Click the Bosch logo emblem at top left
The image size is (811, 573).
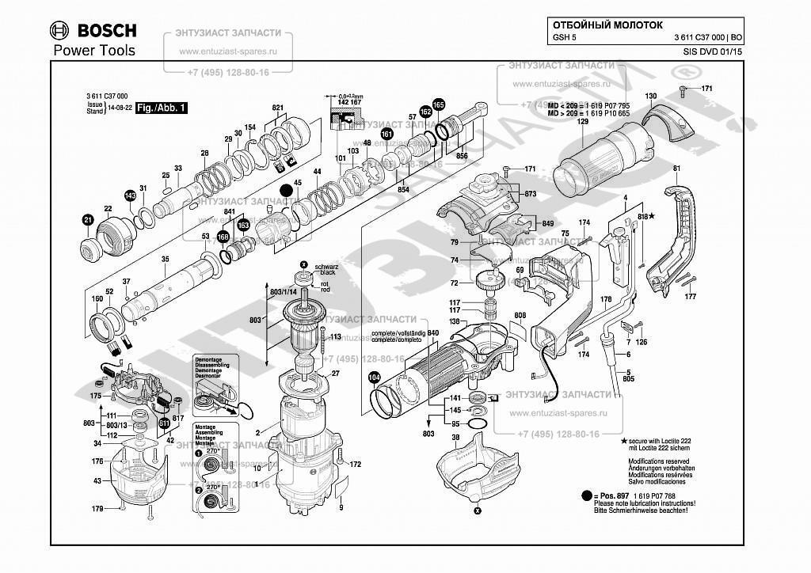(x=59, y=31)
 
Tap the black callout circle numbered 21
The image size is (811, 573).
(x=88, y=219)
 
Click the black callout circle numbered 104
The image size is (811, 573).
(x=375, y=378)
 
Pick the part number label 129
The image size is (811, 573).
(x=583, y=121)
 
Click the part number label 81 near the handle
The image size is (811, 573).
(x=676, y=169)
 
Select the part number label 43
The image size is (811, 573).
(x=97, y=480)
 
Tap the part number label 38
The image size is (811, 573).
(x=455, y=437)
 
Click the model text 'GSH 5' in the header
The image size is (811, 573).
(x=562, y=38)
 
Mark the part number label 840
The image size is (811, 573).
(x=433, y=334)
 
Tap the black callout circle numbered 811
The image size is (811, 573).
(x=164, y=423)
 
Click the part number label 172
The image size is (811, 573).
(x=356, y=465)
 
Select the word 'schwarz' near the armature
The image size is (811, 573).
(x=326, y=268)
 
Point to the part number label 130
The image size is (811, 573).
(x=650, y=97)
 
